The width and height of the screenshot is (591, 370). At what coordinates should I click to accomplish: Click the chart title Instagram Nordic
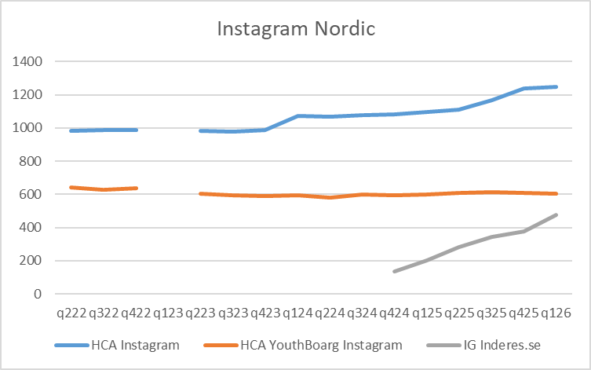pos(296,31)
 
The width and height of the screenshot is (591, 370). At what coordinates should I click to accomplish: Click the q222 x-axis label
pos(72,313)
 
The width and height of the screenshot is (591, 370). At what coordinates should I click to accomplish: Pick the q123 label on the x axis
pos(169,313)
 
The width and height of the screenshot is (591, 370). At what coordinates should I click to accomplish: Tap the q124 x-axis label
pos(297,313)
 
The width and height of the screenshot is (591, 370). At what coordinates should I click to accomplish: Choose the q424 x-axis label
pos(394,313)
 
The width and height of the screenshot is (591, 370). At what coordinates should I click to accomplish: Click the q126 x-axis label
pos(555,313)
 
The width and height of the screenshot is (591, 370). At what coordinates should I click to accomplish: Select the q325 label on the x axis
pos(491,313)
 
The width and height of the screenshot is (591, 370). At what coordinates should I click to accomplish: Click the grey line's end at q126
pos(556,215)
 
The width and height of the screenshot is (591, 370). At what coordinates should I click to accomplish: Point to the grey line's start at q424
pos(395,271)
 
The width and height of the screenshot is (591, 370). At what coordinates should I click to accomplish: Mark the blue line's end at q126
pos(556,86)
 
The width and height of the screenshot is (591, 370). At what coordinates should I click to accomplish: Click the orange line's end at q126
pos(556,193)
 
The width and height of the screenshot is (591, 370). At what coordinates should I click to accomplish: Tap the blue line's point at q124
pos(298,116)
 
